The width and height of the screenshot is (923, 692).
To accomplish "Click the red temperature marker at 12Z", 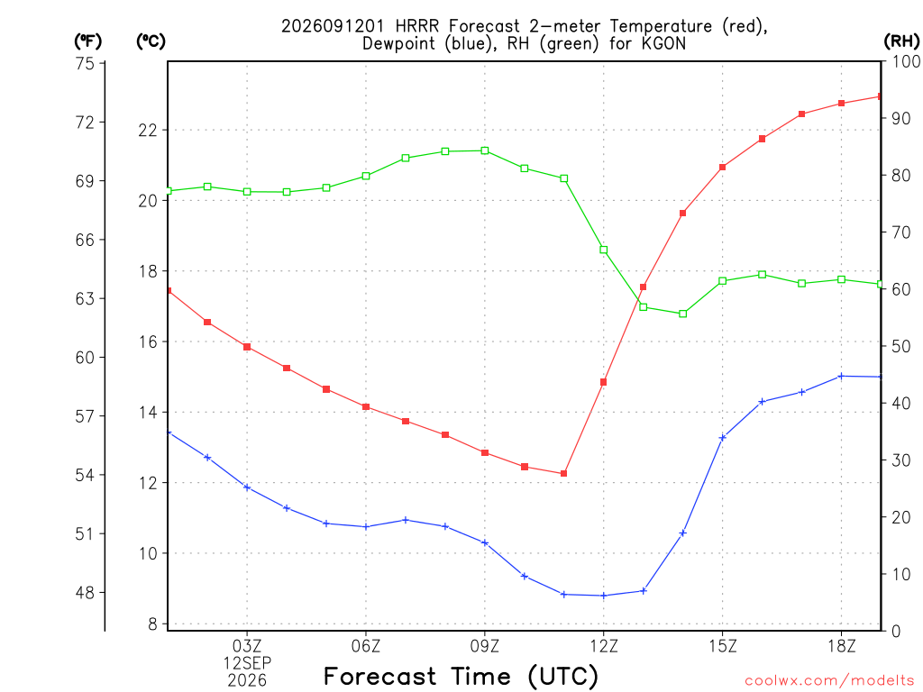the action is (603, 382).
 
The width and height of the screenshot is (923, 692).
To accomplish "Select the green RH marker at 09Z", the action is (485, 150).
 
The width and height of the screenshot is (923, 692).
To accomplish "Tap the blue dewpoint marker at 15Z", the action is (723, 437).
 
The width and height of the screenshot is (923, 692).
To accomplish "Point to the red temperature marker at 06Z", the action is (366, 406).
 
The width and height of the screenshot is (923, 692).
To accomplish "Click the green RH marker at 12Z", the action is (603, 250).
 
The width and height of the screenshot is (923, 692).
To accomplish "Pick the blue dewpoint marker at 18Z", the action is (841, 376).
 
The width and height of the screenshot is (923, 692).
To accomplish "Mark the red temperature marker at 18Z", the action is (841, 103).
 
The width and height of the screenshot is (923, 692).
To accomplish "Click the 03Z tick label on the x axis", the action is (247, 646).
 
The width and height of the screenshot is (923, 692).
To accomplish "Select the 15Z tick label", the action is (723, 646).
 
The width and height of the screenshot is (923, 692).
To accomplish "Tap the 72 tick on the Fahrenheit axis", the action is (86, 123).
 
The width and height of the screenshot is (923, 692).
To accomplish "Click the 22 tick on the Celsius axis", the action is (148, 130).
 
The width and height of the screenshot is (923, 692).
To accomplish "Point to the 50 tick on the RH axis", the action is (899, 346).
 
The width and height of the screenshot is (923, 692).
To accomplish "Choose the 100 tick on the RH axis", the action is (904, 61).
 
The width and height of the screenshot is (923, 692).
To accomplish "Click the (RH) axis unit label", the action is (901, 41).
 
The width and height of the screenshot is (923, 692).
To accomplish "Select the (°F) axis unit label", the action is (87, 41).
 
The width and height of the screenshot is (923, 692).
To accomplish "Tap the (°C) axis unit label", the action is (151, 41).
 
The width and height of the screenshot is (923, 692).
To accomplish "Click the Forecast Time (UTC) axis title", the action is (461, 676).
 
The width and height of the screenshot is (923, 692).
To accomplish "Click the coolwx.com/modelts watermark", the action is (829, 680).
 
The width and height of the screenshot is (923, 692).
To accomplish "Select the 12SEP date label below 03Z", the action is (247, 663).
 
